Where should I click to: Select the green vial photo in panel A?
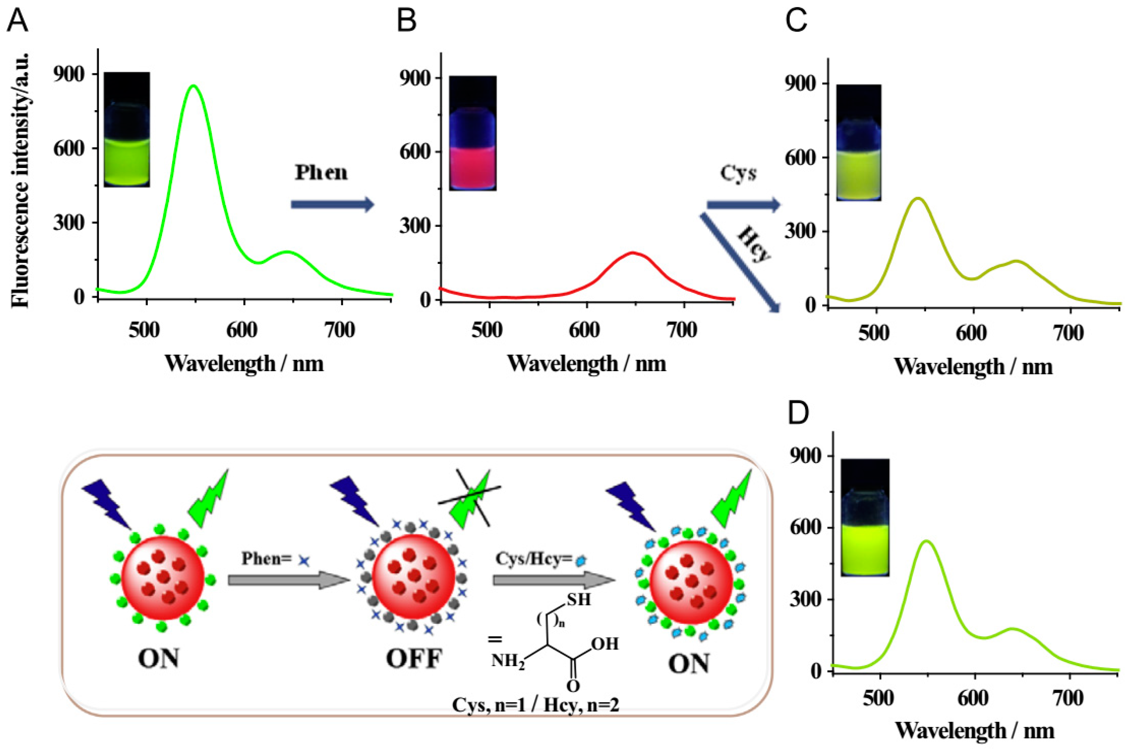(127, 129)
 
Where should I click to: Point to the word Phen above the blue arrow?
(321, 172)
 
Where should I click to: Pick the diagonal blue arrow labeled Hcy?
(740, 262)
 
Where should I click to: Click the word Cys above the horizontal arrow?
(738, 174)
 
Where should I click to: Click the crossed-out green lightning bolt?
(471, 497)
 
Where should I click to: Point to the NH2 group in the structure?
(508, 661)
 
